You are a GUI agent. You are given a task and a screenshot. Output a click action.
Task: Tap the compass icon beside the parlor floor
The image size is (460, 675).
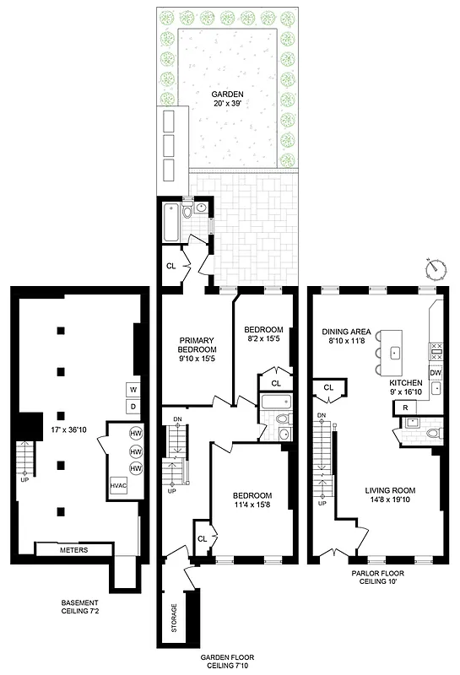pyautogui.click(x=436, y=269)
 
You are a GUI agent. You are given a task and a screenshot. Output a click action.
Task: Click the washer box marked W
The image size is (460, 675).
pyautogui.click(x=133, y=390)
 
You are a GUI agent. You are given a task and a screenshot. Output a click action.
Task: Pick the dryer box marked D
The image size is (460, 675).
pyautogui.click(x=133, y=407)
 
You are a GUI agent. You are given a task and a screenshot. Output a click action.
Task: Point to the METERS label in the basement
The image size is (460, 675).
pyautogui.click(x=73, y=550)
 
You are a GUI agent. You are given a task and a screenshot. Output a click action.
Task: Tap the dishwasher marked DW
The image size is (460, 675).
pyautogui.click(x=436, y=373)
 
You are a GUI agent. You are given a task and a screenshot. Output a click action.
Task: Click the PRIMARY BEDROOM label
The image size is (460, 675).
pyautogui.click(x=198, y=348)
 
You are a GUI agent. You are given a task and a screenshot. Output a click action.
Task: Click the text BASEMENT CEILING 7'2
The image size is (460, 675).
pyautogui.click(x=84, y=607)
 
